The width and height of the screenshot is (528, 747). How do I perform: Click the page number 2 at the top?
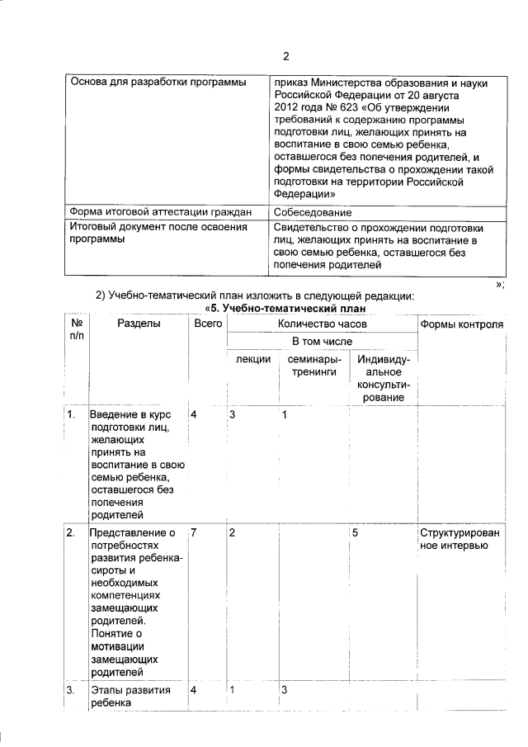[286, 57]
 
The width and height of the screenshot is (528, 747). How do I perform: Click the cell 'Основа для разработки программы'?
[158, 83]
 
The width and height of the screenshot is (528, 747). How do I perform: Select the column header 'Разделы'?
[139, 325]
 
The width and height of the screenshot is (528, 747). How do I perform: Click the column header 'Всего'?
[208, 325]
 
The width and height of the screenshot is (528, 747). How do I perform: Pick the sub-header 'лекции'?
[250, 360]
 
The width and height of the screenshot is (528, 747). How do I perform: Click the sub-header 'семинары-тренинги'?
[312, 366]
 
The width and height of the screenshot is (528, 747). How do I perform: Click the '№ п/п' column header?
[76, 332]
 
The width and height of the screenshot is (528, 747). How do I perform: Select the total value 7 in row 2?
[194, 532]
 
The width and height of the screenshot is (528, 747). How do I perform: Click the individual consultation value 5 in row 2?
[355, 532]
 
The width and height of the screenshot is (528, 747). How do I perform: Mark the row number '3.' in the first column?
[73, 689]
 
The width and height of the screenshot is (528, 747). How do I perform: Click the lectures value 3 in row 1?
[233, 414]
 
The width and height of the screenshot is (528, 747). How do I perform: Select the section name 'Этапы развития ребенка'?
[132, 697]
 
